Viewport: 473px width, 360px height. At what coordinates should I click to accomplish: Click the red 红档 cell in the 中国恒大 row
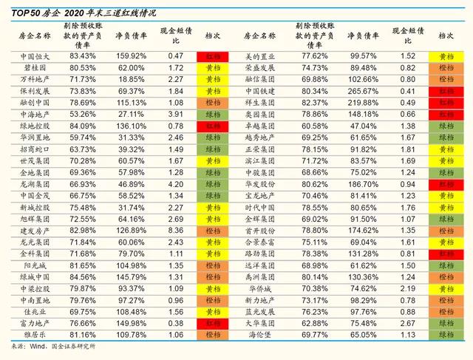(x=213, y=55)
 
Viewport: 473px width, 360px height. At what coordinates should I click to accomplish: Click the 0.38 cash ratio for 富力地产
(x=175, y=322)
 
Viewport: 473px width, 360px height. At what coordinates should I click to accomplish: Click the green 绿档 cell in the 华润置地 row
(x=213, y=137)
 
